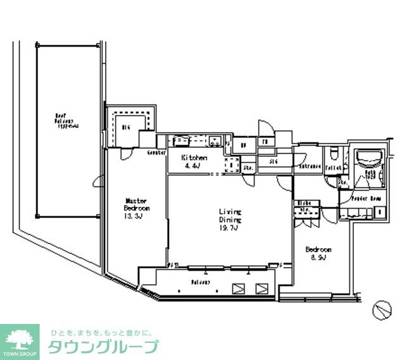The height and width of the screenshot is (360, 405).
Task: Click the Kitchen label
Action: pos(194,158)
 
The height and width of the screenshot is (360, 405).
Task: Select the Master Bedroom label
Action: pos(136,204)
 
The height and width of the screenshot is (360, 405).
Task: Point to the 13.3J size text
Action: pos(135,216)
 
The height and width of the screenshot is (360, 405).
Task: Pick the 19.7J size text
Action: pos(228,228)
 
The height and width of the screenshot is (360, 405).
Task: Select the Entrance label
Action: pos(311,166)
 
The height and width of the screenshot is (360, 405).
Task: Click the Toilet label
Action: pos(334,168)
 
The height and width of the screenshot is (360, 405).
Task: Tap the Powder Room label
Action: pos(366,199)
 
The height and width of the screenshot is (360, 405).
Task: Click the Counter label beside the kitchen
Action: pos(156,152)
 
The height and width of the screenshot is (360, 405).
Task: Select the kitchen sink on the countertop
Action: pos(180,140)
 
